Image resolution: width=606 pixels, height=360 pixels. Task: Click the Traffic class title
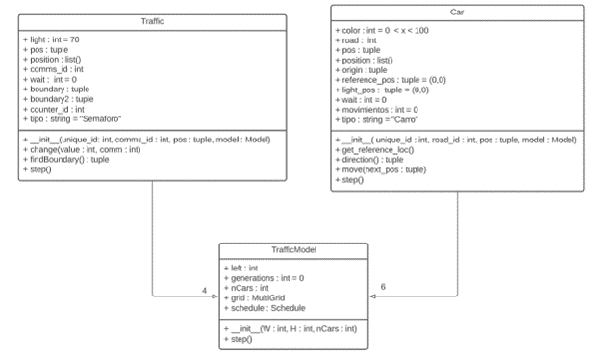coord(151,21)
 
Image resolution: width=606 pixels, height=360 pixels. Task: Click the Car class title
coord(456,12)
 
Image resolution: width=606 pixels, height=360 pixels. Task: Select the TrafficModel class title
coord(292,249)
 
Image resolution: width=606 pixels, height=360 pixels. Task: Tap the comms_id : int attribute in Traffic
coord(56,68)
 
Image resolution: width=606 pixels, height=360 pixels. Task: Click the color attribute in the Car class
coord(386,31)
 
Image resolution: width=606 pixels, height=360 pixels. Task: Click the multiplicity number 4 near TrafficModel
coord(203,290)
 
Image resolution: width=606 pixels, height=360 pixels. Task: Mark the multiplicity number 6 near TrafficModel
coord(382,288)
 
